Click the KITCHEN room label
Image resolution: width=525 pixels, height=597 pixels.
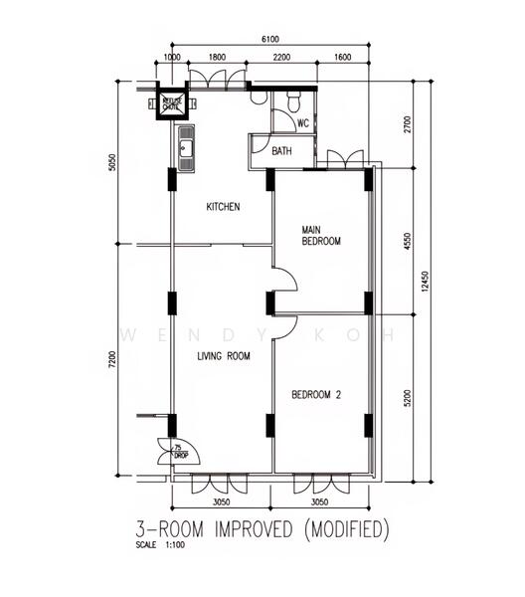223,207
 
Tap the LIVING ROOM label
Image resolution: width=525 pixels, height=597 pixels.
222,355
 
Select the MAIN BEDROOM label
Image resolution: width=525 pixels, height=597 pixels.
321,236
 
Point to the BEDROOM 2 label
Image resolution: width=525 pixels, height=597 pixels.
316,395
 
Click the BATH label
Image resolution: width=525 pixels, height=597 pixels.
282,151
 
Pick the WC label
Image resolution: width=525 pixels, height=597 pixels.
303,124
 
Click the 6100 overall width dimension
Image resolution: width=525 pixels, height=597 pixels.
269,38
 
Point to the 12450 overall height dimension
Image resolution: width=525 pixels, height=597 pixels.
426,283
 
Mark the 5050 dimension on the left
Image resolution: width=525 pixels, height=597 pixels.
112,162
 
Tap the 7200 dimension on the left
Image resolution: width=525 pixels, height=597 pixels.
112,359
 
